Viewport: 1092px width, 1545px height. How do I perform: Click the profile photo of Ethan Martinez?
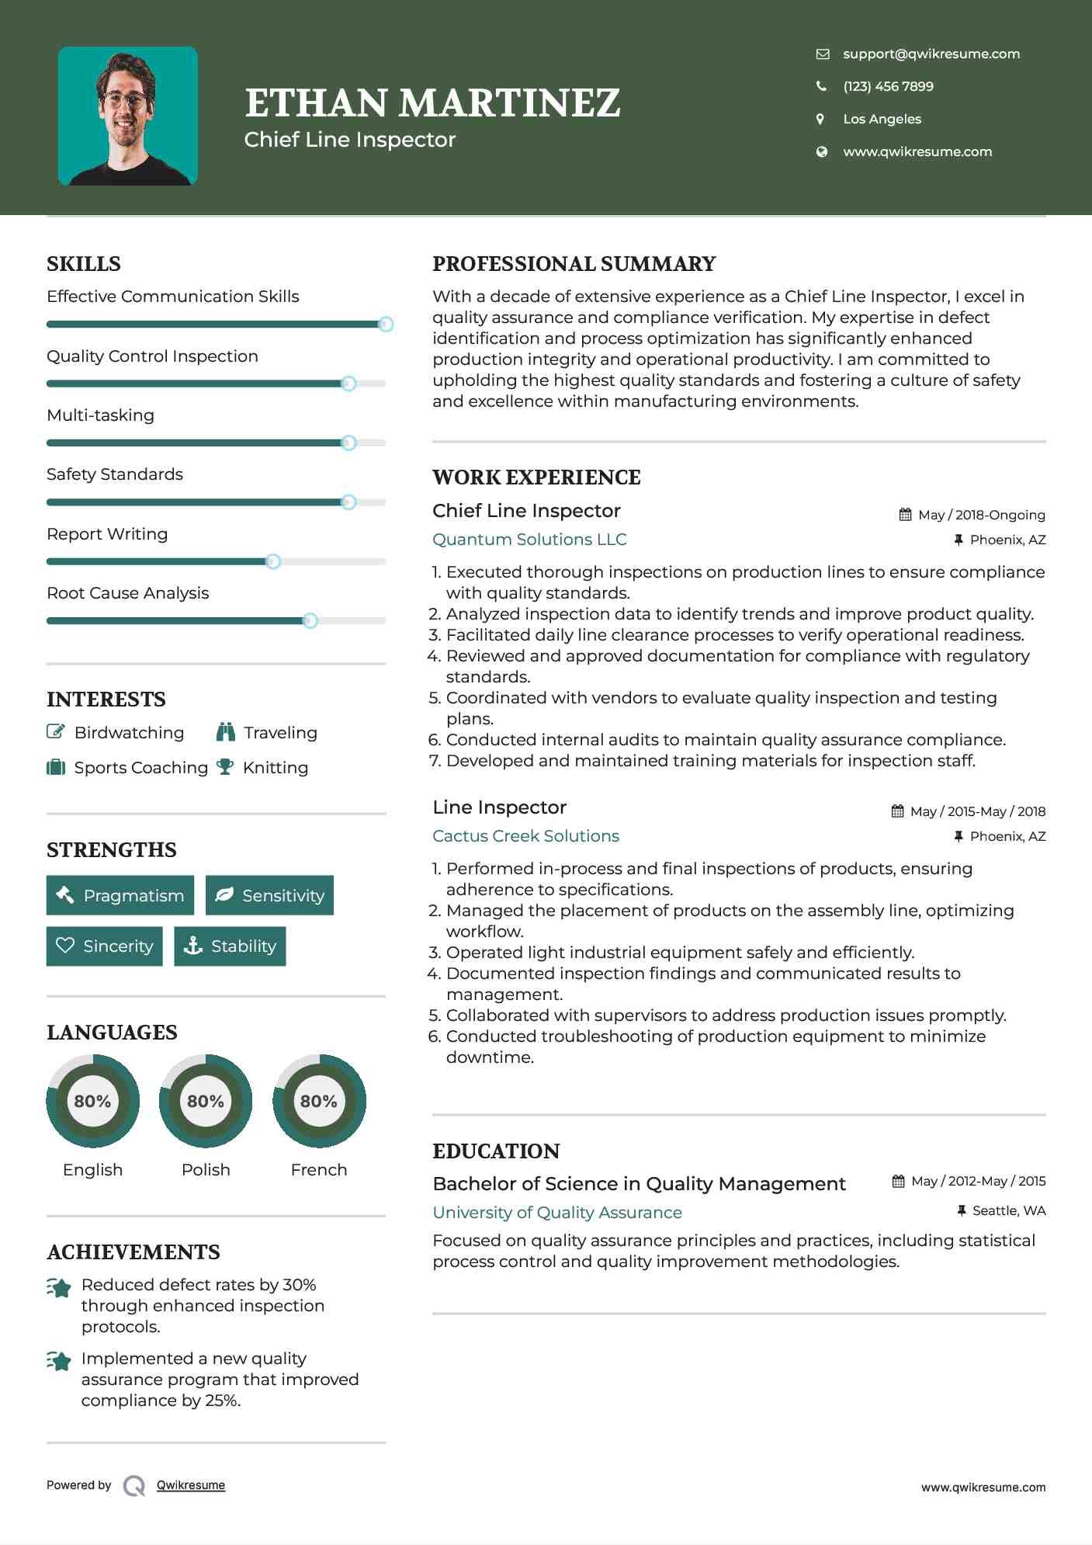point(128,116)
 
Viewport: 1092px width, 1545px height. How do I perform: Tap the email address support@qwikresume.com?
point(931,54)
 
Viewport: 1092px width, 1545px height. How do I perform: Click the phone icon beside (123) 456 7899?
point(821,86)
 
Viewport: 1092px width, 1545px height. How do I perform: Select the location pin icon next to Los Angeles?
point(820,119)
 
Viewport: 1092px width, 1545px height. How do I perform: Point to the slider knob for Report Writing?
point(273,561)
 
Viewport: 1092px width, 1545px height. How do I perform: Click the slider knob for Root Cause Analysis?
point(310,620)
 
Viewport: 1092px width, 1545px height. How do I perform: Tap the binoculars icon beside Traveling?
point(226,732)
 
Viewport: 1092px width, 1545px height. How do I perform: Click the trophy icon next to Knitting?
point(225,767)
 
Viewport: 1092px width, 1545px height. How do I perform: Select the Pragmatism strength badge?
point(120,895)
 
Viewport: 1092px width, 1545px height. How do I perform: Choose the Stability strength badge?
point(230,946)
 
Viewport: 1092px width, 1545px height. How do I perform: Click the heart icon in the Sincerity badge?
point(65,945)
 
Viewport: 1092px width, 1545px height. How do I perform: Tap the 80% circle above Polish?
point(206,1101)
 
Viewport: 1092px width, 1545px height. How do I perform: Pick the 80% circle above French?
point(319,1101)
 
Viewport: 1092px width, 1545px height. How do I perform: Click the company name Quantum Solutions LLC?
point(529,540)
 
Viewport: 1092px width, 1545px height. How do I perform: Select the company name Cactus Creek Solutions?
point(525,836)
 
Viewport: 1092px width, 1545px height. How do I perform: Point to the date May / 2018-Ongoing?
point(981,515)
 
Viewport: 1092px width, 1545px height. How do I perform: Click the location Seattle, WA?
point(1008,1210)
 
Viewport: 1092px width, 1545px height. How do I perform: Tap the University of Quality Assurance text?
point(557,1213)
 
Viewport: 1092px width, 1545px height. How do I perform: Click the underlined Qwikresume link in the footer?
point(191,1485)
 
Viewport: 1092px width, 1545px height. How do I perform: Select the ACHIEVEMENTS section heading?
point(133,1252)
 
